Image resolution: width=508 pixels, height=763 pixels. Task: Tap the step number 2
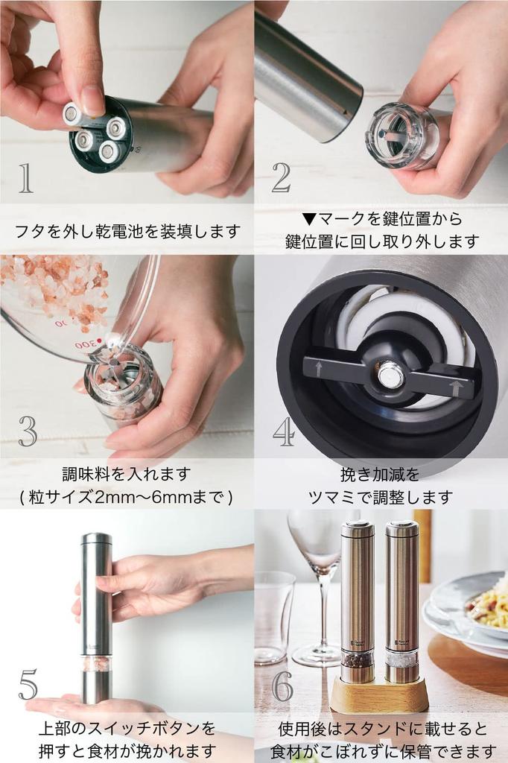[x=281, y=177]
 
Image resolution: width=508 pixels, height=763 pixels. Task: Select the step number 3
[x=27, y=431]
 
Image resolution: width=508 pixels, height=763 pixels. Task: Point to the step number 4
[x=283, y=431]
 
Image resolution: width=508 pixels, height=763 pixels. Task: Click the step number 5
[x=27, y=684]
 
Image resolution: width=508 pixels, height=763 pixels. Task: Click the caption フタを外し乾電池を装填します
[x=127, y=231]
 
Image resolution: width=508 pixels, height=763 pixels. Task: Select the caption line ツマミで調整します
[x=381, y=497]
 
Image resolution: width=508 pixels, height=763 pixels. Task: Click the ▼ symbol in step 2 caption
[x=310, y=219]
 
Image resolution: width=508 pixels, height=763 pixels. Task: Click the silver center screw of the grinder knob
[x=389, y=375]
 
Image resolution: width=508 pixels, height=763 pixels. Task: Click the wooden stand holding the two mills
[x=379, y=694]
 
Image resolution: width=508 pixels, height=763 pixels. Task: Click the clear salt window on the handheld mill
[x=96, y=663]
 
